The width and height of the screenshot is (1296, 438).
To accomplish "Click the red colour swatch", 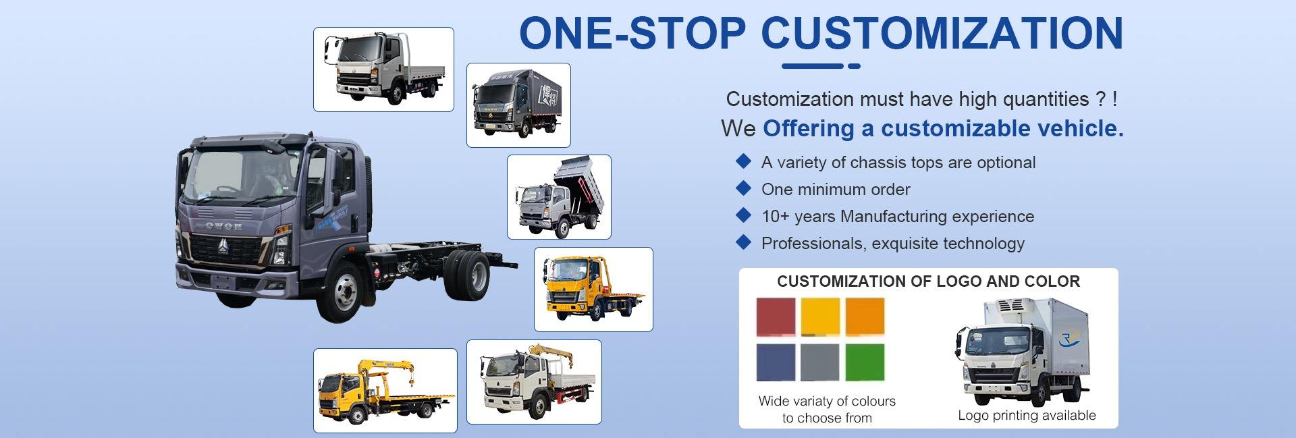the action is click(x=776, y=317).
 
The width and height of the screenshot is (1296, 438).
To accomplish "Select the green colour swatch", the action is click(x=865, y=363).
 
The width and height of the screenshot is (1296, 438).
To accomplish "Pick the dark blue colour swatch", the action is click(x=776, y=363).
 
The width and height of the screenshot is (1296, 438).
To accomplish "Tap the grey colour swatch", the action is click(x=820, y=363).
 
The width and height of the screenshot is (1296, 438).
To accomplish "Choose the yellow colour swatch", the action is click(x=820, y=317).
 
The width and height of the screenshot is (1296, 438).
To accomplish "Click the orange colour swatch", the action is click(x=865, y=317).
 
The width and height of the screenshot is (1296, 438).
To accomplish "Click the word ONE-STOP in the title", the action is click(x=632, y=32).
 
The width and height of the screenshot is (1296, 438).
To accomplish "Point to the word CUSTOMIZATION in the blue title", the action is click(x=942, y=32).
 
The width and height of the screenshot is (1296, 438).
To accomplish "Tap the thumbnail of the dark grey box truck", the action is click(x=518, y=105).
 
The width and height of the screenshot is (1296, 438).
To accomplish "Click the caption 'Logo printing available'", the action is click(x=1027, y=416).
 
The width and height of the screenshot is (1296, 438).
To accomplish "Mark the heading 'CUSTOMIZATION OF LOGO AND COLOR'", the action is click(x=928, y=281).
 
